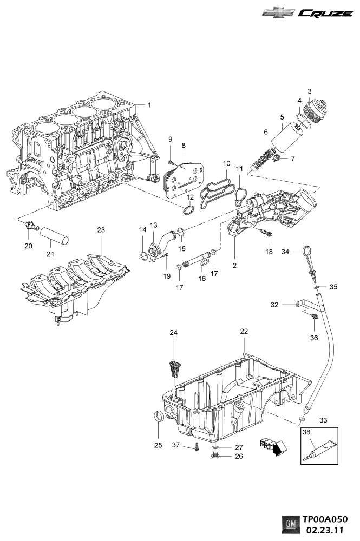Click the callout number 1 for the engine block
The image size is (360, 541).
pyautogui.click(x=150, y=104)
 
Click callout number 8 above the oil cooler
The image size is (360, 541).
pyautogui.click(x=184, y=146)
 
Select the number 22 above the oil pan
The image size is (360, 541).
pyautogui.click(x=244, y=331)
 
